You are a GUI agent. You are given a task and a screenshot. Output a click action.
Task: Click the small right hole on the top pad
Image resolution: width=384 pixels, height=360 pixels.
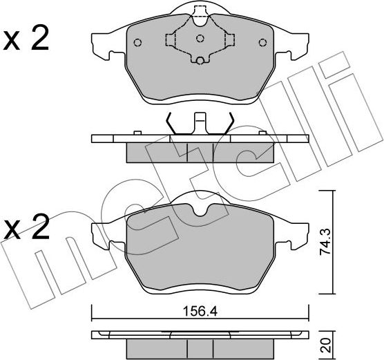pyautogui.click(x=262, y=43)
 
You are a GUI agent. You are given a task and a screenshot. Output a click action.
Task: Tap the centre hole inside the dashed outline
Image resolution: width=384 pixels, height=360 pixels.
pyautogui.click(x=200, y=38)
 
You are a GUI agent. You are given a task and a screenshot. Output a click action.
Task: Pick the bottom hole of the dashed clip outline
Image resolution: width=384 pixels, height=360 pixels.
pyautogui.click(x=200, y=60)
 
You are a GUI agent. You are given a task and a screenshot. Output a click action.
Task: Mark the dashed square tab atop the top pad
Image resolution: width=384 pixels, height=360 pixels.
pyautogui.click(x=200, y=12)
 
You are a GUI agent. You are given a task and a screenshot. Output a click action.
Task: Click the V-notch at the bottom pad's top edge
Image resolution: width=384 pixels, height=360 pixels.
pyautogui.click(x=200, y=209)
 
